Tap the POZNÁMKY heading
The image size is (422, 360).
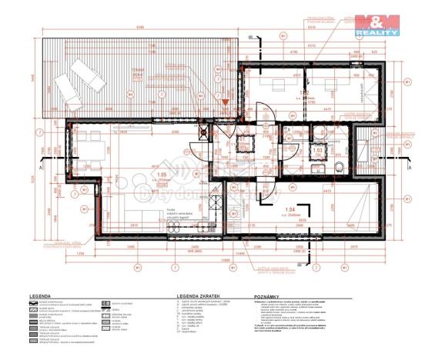(269, 295)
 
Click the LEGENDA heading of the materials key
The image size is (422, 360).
(41, 295)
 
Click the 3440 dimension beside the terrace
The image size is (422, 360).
(32, 77)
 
